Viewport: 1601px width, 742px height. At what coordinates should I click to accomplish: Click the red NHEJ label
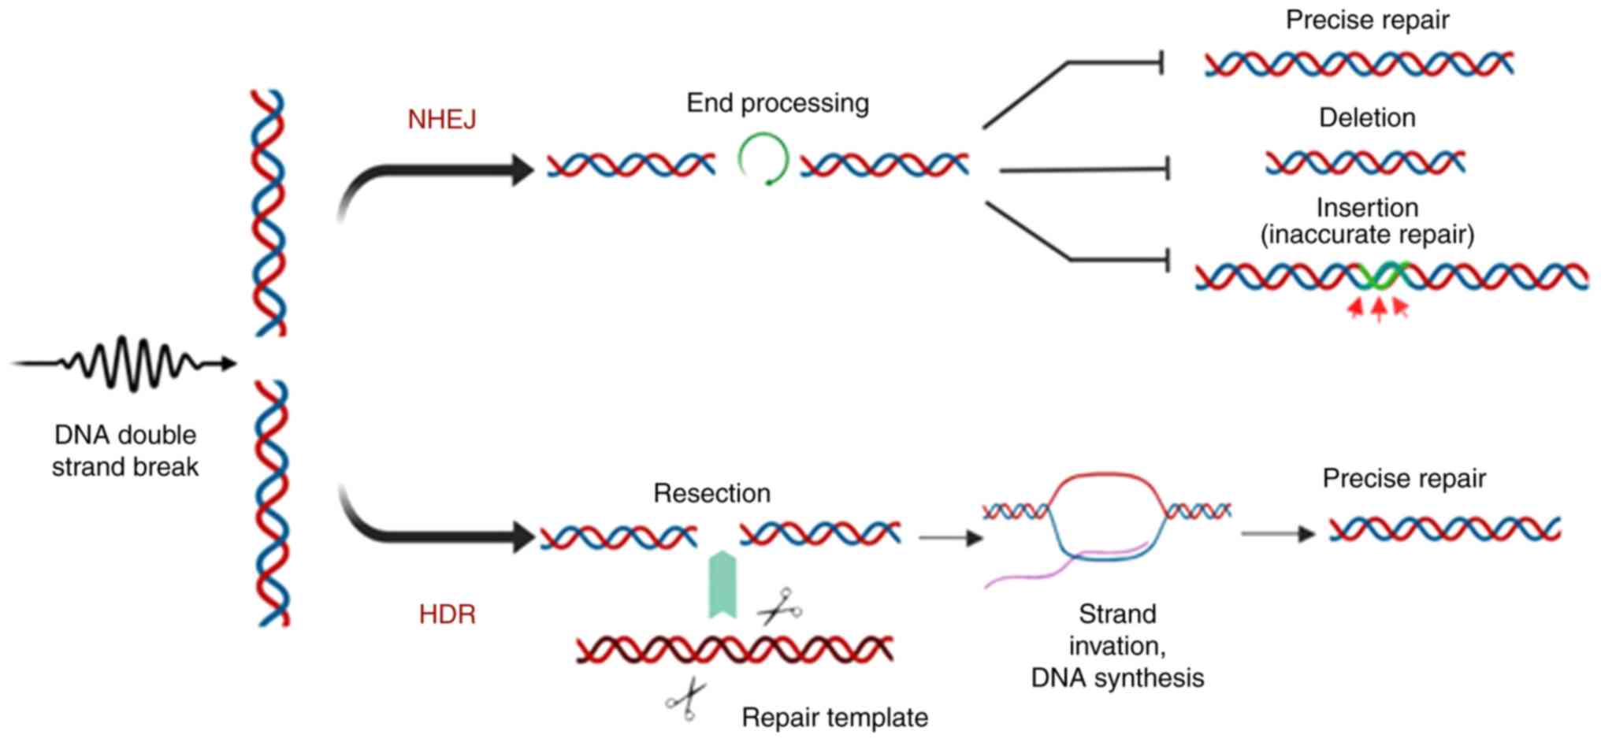click(x=442, y=120)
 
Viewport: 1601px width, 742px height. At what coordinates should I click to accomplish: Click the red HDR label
click(x=447, y=614)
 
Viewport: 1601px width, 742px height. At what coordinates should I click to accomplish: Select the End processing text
click(x=778, y=103)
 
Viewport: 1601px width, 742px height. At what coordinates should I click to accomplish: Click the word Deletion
click(x=1367, y=118)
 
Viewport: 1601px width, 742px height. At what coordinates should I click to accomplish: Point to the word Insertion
click(x=1367, y=208)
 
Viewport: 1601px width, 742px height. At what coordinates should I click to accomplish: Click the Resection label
click(x=711, y=494)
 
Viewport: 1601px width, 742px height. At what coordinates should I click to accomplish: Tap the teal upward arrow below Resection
click(x=722, y=584)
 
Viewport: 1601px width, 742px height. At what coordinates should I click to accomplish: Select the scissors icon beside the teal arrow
click(x=779, y=607)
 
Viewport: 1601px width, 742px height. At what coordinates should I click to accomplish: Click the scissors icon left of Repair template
click(x=686, y=699)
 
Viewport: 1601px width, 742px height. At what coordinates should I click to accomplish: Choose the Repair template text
click(x=834, y=718)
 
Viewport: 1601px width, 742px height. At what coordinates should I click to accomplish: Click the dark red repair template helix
click(x=734, y=649)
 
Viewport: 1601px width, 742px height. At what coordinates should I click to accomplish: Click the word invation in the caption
click(x=1116, y=646)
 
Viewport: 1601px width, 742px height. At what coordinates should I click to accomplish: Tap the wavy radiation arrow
click(x=126, y=363)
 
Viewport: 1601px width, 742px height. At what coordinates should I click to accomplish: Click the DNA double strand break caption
click(x=125, y=451)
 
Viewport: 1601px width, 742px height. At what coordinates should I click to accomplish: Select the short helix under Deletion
click(x=1365, y=162)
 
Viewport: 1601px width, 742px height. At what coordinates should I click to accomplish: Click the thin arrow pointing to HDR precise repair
click(x=1277, y=534)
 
